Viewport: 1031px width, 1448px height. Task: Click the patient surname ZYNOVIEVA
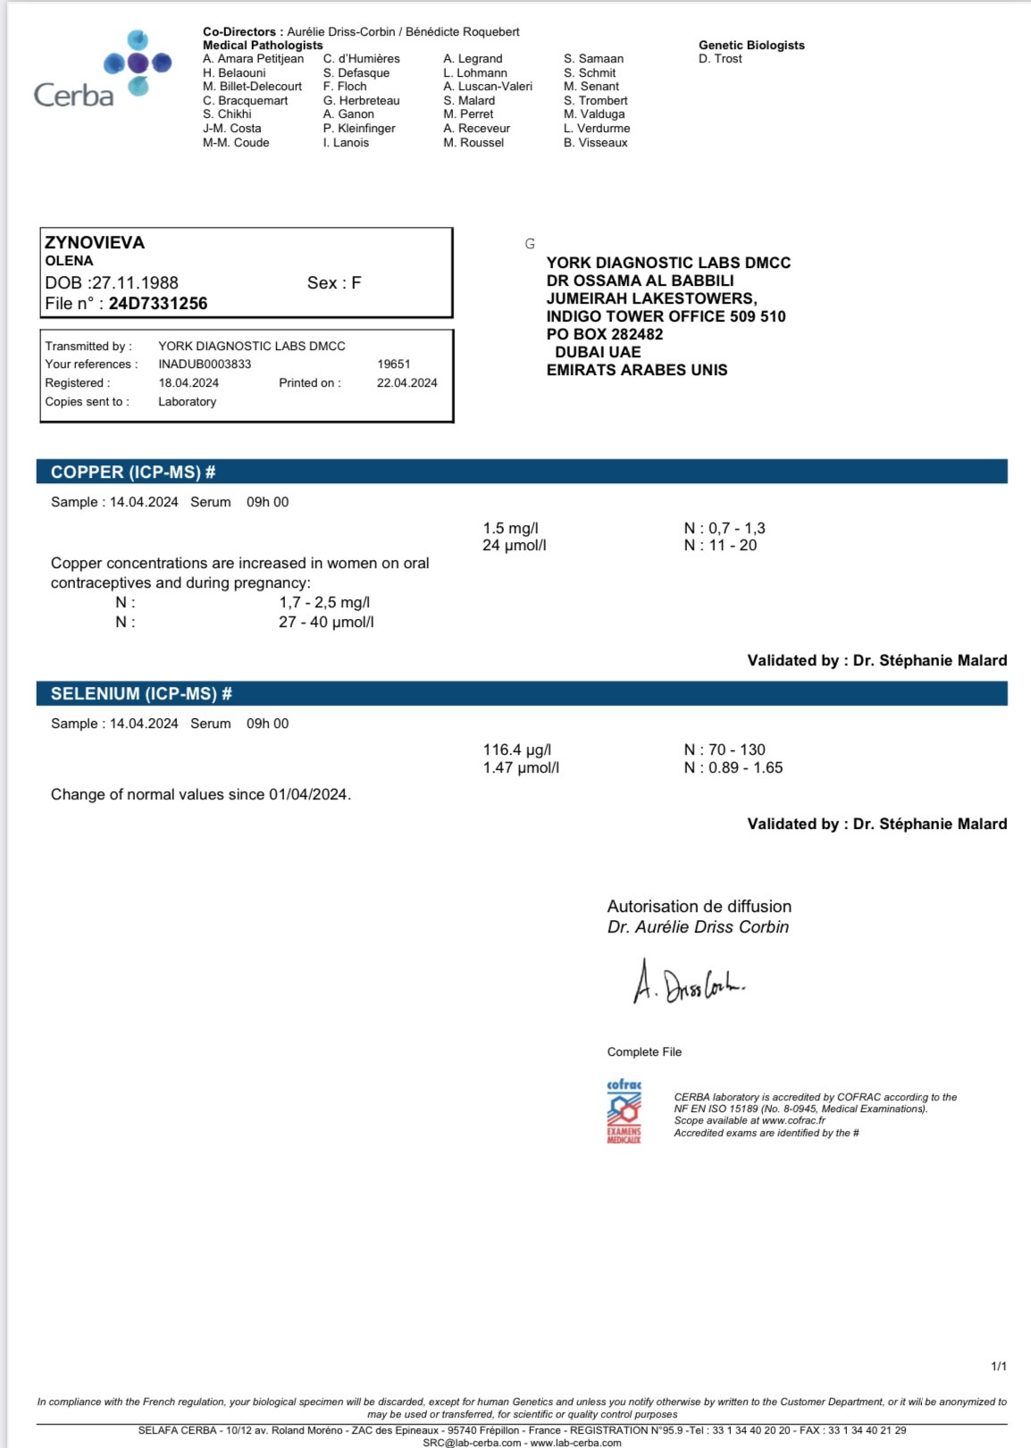[95, 243]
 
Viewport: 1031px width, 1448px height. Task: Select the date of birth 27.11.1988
[135, 283]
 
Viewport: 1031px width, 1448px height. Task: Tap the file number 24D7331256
[158, 304]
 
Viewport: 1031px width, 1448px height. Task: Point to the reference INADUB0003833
[205, 364]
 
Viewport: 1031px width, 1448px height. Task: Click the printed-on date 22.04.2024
[407, 383]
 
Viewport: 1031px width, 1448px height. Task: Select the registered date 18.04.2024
[189, 383]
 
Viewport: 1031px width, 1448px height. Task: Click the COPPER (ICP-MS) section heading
[133, 473]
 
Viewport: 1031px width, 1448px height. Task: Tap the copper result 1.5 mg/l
[510, 529]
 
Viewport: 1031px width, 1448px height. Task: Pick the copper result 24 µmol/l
[514, 546]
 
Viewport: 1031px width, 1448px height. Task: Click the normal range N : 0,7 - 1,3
[725, 529]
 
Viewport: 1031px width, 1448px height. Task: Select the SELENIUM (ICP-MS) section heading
[141, 694]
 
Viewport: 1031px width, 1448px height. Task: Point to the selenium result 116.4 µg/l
[516, 750]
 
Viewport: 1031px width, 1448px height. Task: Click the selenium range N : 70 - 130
[725, 750]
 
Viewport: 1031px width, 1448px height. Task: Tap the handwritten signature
[688, 983]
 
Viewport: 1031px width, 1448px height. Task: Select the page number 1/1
[998, 1367]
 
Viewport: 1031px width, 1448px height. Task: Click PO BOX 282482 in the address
[605, 334]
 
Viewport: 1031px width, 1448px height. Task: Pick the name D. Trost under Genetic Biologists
[720, 59]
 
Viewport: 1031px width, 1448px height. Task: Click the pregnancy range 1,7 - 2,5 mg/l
[324, 603]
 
